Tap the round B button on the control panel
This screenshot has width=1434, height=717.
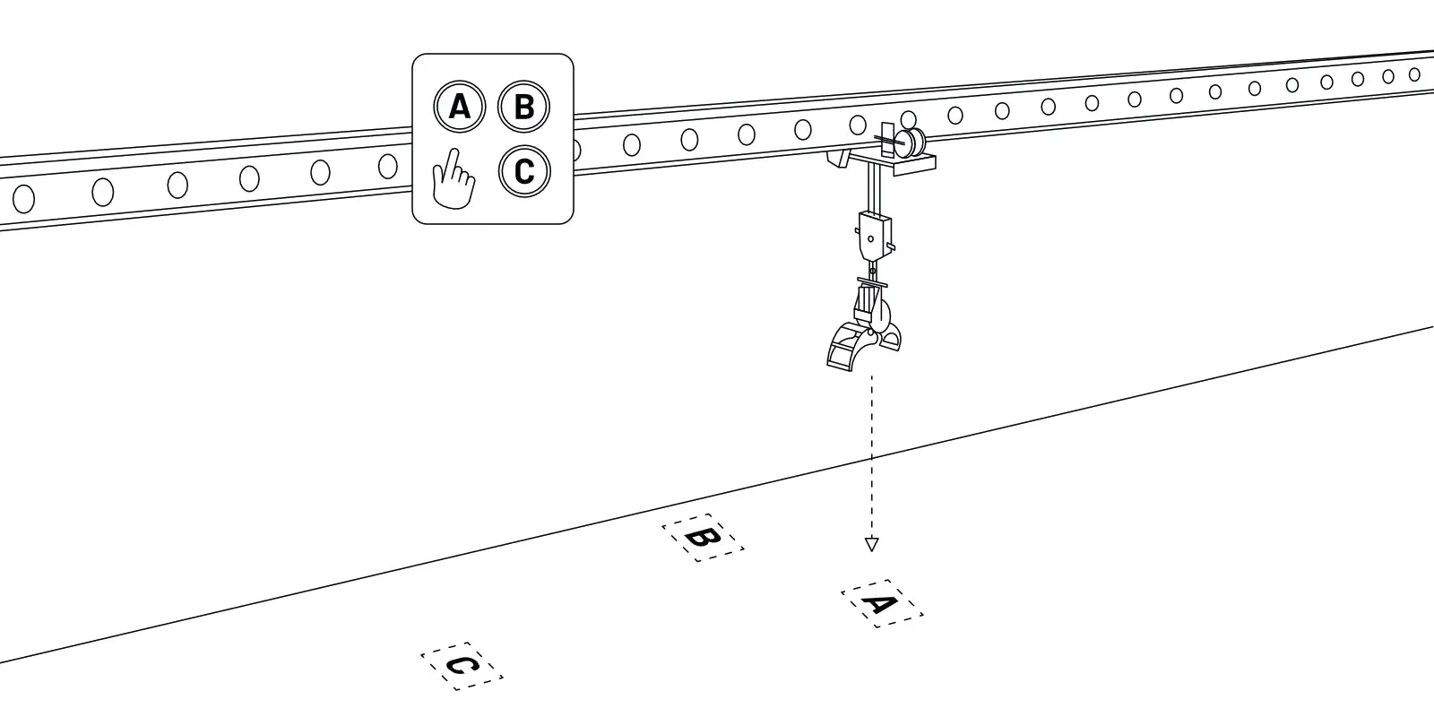[524, 108]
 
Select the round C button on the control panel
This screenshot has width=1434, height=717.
[524, 170]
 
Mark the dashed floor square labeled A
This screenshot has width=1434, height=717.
[882, 603]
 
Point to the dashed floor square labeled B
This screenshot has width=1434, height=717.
[703, 538]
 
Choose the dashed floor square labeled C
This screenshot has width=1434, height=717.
[462, 666]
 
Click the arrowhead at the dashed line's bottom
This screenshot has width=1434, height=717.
[871, 544]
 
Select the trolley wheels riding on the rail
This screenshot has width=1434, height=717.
[912, 142]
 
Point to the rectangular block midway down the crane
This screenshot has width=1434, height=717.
[874, 234]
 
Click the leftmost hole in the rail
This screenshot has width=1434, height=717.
[23, 196]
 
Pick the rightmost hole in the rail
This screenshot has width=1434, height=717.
[1414, 74]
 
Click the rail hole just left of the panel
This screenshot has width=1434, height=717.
[388, 166]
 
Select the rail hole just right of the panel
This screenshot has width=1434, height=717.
[632, 143]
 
